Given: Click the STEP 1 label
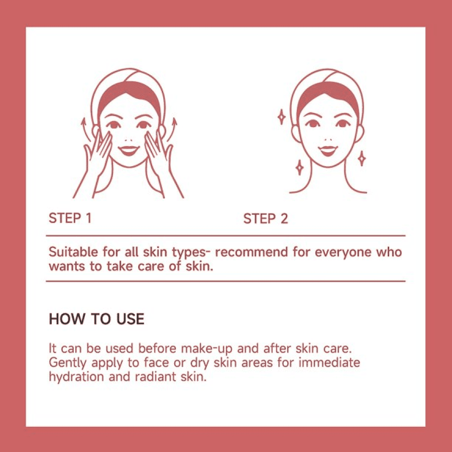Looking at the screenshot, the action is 70,218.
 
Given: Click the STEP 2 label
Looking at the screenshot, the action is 266,218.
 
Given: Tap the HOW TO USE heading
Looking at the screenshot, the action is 96,319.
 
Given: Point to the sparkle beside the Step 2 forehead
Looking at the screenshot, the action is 281,117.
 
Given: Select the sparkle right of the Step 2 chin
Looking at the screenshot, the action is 362,158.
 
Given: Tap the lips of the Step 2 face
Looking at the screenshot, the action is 328,151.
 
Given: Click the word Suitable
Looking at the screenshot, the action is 73,252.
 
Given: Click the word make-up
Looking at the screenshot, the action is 206,349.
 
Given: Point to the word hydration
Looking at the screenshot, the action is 76,377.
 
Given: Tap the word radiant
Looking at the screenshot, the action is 156,377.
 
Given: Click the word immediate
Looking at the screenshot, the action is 329,362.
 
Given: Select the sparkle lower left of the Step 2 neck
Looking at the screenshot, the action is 299,167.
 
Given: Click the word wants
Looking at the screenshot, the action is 67,266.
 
